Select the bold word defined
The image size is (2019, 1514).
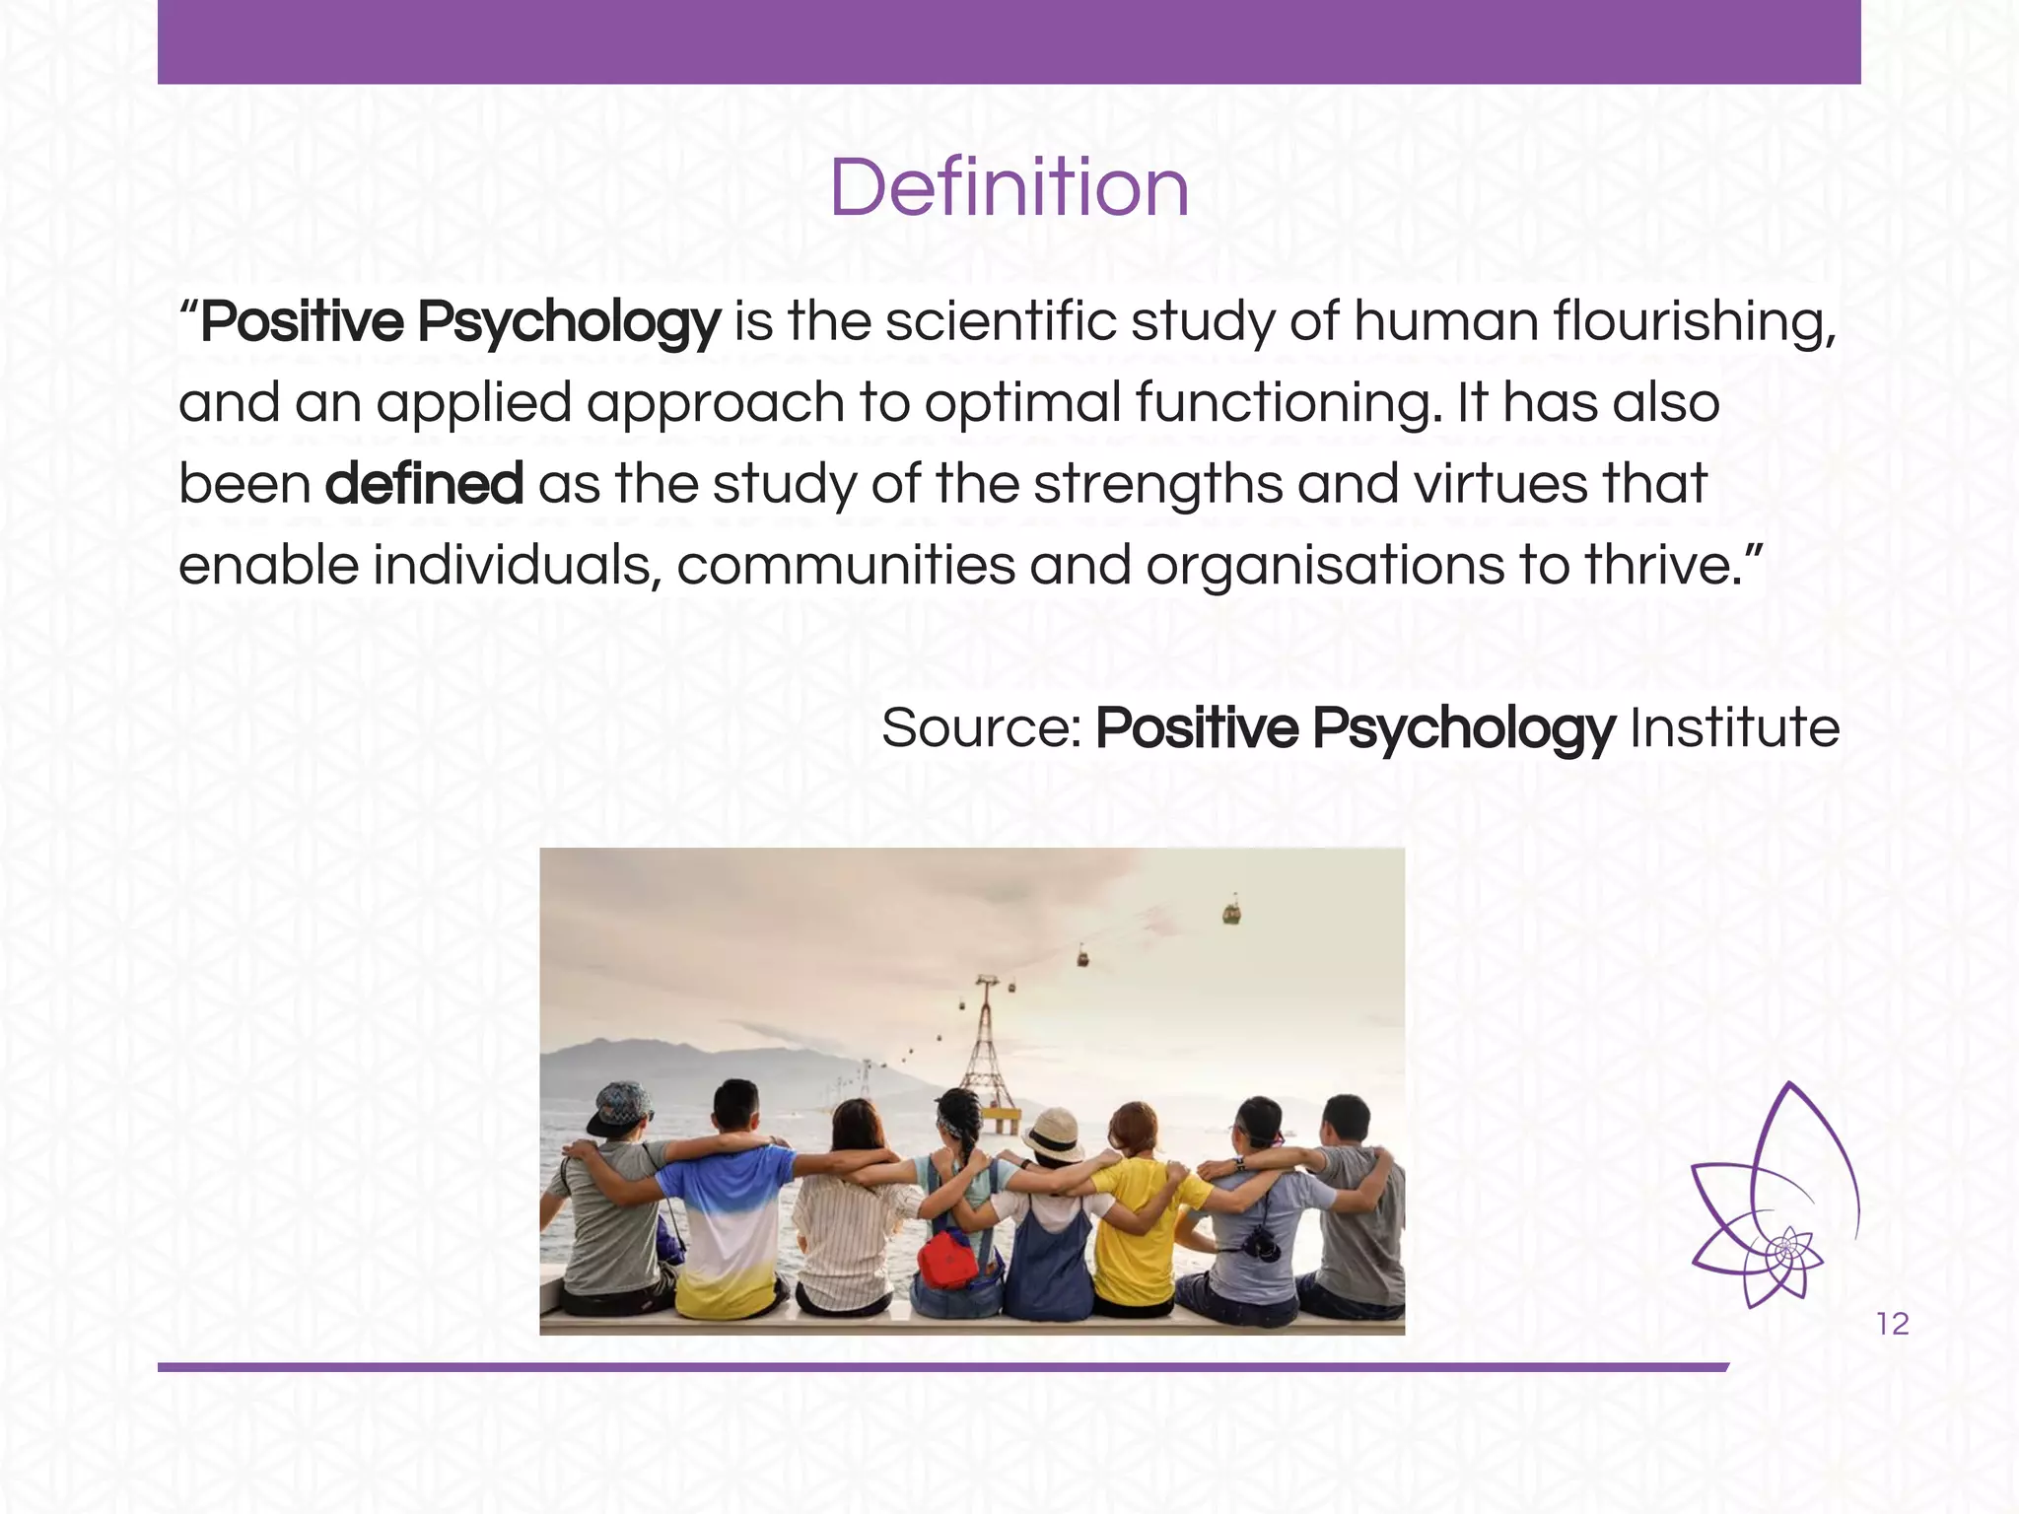click(424, 484)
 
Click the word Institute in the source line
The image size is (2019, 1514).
click(1734, 728)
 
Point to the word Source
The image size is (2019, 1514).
click(981, 728)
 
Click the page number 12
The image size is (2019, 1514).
click(1893, 1324)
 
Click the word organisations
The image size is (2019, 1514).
click(1325, 566)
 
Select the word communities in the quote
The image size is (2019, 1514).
click(846, 566)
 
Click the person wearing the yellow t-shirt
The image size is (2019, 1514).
click(1143, 1222)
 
